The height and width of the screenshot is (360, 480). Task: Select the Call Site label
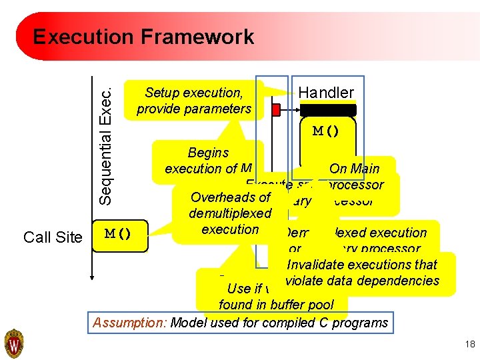(x=53, y=237)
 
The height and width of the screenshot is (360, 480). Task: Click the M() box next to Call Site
(x=118, y=234)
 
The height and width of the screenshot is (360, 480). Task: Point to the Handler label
(x=326, y=93)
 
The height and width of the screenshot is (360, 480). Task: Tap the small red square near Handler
(x=275, y=109)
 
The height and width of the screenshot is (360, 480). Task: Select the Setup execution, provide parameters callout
(x=194, y=100)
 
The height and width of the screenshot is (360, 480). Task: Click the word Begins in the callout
(x=208, y=153)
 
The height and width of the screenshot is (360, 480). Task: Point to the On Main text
(x=355, y=169)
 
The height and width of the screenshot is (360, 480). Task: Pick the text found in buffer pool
(x=283, y=305)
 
